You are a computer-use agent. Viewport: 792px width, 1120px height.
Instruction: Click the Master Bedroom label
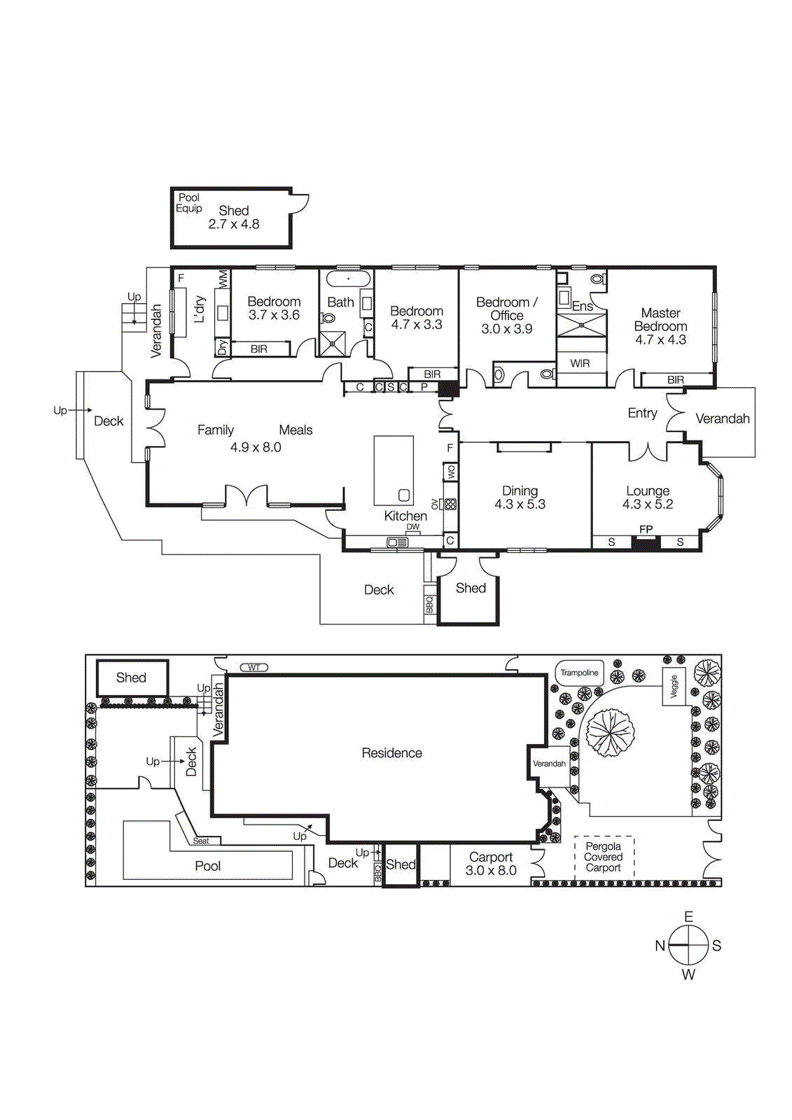pyautogui.click(x=660, y=319)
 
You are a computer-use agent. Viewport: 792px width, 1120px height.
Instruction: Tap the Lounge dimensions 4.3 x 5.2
pyautogui.click(x=648, y=504)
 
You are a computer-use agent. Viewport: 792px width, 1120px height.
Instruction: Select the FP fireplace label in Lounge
pyautogui.click(x=646, y=529)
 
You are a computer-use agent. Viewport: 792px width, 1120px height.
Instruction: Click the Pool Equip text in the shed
pyautogui.click(x=189, y=203)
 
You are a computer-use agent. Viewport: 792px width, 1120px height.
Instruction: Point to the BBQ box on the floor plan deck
pyautogui.click(x=429, y=604)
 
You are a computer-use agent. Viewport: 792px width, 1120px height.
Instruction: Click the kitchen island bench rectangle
pyautogui.click(x=394, y=470)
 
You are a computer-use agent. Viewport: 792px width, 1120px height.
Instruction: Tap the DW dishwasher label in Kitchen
pyautogui.click(x=413, y=527)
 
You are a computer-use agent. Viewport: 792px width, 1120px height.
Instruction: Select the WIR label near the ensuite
pyautogui.click(x=580, y=363)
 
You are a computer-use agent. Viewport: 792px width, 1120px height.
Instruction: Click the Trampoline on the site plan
pyautogui.click(x=579, y=673)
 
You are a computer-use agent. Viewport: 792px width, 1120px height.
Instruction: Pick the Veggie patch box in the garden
pyautogui.click(x=674, y=686)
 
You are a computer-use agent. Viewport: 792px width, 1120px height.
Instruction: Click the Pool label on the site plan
pyautogui.click(x=207, y=866)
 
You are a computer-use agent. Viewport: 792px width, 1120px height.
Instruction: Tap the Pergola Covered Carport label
pyautogui.click(x=603, y=857)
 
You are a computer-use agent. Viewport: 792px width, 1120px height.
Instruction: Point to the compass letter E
pyautogui.click(x=688, y=916)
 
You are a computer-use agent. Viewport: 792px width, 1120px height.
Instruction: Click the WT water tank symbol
pyautogui.click(x=253, y=667)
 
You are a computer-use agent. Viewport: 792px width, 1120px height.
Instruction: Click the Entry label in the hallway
pyautogui.click(x=642, y=413)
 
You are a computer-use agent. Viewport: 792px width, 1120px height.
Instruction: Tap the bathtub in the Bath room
pyautogui.click(x=348, y=279)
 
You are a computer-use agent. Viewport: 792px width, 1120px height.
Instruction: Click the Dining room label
pyautogui.click(x=520, y=491)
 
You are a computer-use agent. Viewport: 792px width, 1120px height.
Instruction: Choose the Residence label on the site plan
pyautogui.click(x=391, y=752)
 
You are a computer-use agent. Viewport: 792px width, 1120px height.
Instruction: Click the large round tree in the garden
pyautogui.click(x=610, y=731)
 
